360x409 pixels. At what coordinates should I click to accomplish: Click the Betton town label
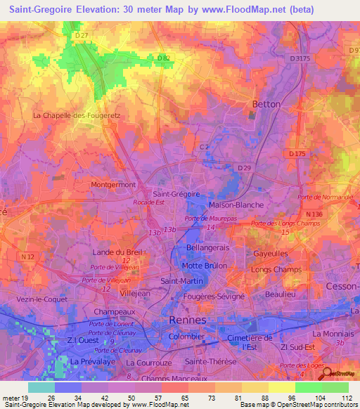[266, 104]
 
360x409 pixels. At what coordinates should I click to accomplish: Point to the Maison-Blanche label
[236, 204]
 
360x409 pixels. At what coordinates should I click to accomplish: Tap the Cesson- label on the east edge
[342, 287]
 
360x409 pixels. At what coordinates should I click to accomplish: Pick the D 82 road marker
[164, 58]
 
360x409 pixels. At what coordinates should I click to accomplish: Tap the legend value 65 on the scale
[184, 397]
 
